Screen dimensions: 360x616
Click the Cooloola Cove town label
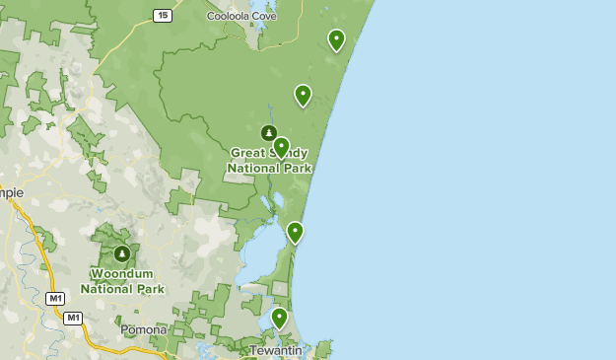[x=241, y=16]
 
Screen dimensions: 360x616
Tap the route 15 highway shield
[x=163, y=15]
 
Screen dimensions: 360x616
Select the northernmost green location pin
[x=336, y=40]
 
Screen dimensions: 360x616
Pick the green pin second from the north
[x=303, y=96]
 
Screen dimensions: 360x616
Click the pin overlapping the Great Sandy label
[x=281, y=148]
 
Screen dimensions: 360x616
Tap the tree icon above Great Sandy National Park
[x=267, y=133]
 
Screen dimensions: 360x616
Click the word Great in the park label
[x=249, y=153]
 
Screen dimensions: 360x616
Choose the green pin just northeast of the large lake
[x=295, y=233]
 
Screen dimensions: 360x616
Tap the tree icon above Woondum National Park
[x=122, y=254]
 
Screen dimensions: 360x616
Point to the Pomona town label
[x=144, y=329]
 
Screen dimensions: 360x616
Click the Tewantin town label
[x=274, y=350]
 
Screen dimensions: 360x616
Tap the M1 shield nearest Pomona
[x=73, y=318]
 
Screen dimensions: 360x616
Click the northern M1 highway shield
[x=55, y=298]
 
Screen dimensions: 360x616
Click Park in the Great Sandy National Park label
[x=295, y=168]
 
